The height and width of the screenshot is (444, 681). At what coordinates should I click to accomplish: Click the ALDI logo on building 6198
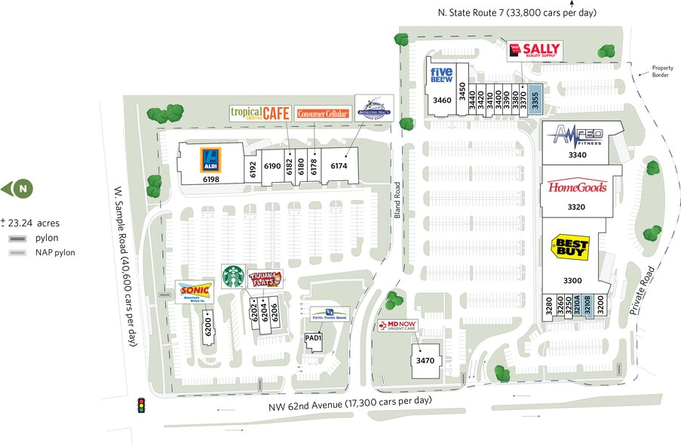pos(210,160)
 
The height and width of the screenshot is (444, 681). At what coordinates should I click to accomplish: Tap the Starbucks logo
pos(233,276)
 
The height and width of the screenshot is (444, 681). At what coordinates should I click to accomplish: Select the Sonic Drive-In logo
pos(195,292)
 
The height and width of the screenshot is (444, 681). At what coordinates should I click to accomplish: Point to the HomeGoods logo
pos(577,187)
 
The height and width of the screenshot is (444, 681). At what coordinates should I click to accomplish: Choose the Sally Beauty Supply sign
pos(534,51)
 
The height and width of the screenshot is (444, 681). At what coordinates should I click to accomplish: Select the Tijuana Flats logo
pos(265,279)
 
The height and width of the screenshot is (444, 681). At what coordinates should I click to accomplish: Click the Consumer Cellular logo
pos(324,114)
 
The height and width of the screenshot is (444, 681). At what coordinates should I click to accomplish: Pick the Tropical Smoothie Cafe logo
pos(259,113)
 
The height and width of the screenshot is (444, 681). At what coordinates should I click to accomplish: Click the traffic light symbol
pos(140,405)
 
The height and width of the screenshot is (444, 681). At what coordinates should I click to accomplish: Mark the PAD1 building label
pos(313,338)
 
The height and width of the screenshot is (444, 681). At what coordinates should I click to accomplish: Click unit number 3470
pos(425,361)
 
